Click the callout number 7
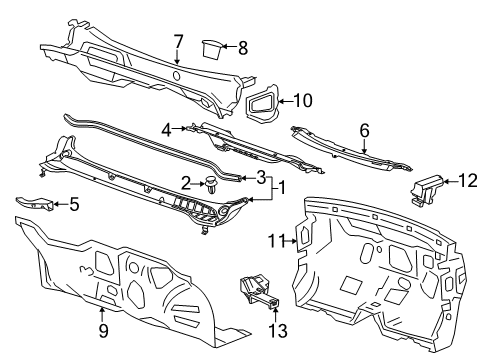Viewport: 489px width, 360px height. [x=177, y=41]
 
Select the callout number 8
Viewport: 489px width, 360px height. [x=241, y=46]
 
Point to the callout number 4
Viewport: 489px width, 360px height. [x=168, y=127]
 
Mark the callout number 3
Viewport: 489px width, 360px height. [x=260, y=179]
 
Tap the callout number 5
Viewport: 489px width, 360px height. [x=73, y=205]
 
